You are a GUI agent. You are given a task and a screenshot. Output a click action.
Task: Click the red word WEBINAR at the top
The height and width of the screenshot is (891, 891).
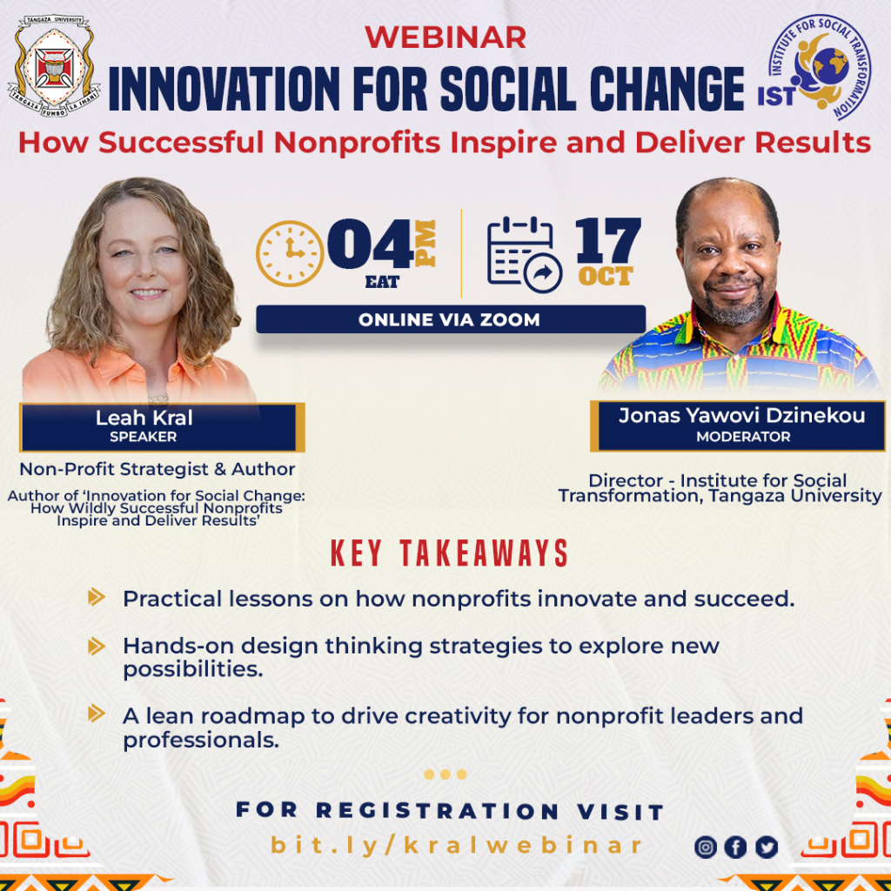[x=445, y=37]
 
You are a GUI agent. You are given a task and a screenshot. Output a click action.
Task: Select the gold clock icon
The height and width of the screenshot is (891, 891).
[x=288, y=253]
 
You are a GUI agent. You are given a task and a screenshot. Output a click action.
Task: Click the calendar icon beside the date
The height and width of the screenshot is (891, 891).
[x=519, y=254]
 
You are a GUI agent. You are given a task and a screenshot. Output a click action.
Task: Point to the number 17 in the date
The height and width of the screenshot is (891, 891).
[x=608, y=239]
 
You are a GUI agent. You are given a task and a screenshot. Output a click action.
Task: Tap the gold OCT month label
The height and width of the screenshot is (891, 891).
[x=606, y=277]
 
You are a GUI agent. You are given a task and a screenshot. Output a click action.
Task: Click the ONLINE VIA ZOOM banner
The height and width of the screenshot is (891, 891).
[x=450, y=319]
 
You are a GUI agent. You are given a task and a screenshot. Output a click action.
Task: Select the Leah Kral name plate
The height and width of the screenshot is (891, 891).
[x=161, y=426]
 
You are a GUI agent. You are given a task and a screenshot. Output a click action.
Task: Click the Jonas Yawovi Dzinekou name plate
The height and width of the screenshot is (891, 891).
[x=741, y=425]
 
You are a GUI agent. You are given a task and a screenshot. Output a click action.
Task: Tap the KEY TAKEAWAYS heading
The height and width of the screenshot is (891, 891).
[x=449, y=553]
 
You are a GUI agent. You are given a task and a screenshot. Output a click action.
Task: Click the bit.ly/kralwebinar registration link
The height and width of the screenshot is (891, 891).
[x=457, y=845]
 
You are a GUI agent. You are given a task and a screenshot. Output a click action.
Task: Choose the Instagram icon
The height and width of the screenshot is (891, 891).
[x=706, y=847]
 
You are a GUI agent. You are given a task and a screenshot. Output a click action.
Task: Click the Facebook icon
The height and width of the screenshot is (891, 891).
[x=735, y=847]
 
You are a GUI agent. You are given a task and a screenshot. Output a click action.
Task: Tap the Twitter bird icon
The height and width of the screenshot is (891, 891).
[x=766, y=847]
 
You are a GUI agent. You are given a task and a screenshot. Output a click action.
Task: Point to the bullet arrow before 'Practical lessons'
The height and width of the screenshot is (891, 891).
[x=97, y=598]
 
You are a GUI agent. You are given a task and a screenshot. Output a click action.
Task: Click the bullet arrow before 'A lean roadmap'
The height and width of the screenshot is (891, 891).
[x=97, y=715]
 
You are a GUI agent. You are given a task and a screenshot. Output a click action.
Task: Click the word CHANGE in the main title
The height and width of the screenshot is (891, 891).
[x=667, y=90]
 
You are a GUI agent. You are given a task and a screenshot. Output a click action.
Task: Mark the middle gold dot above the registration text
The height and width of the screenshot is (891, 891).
[x=445, y=774]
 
